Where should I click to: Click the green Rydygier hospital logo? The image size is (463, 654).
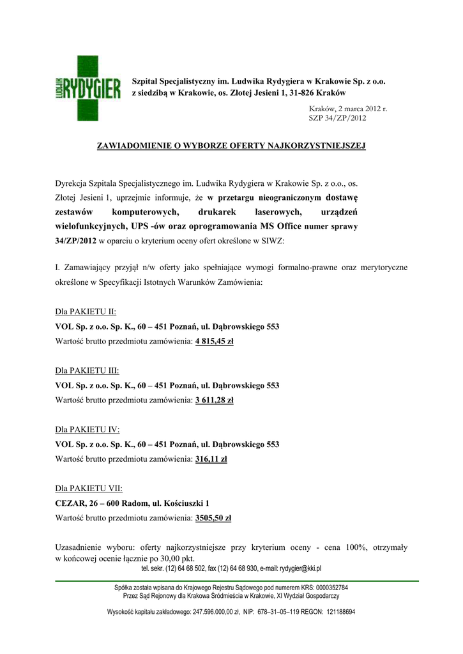(87, 88)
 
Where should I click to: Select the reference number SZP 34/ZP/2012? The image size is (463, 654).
(338, 118)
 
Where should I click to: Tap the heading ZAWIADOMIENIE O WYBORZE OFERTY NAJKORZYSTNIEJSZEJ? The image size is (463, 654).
(231, 146)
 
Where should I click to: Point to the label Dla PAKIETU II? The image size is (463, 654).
(86, 312)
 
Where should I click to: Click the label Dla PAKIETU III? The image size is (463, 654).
(87, 370)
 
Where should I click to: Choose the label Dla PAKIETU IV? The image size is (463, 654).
(87, 429)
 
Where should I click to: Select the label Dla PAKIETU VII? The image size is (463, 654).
(89, 488)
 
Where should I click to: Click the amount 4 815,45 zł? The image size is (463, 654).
(214, 342)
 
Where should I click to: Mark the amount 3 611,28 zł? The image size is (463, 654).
(214, 400)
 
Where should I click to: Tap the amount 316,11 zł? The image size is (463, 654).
(211, 459)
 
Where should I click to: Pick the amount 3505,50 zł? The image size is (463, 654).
(213, 518)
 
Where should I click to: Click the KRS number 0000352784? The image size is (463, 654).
(327, 587)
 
